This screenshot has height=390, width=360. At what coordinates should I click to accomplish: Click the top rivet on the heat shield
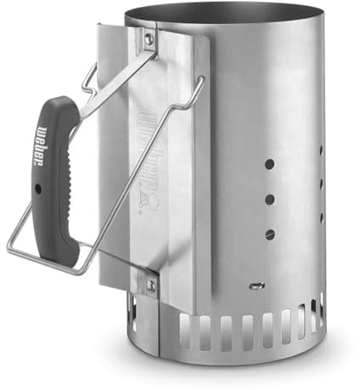[149, 38]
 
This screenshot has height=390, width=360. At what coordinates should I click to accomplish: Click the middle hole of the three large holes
[270, 199]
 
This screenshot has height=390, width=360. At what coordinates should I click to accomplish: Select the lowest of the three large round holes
[270, 234]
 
